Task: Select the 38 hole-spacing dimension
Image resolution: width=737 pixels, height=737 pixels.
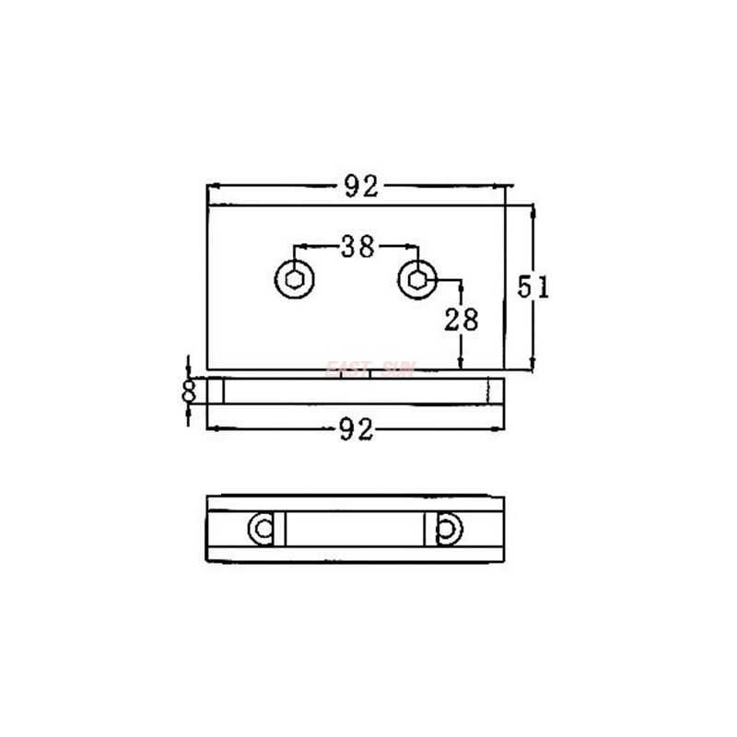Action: pos(357,247)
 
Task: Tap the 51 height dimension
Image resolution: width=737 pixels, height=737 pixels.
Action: pos(532,287)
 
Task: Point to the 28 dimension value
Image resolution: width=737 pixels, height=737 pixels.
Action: pos(461,320)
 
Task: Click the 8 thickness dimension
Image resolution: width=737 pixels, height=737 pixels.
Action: pos(190,390)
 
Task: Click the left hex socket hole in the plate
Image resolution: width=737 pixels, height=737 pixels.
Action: pos(294,279)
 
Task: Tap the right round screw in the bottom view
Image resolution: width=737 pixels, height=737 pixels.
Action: pos(449,528)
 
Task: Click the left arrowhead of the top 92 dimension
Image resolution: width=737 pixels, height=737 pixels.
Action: pos(214,187)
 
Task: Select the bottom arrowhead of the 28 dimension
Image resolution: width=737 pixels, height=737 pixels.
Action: pos(461,366)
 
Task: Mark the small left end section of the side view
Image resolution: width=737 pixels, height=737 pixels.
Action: pos(216,391)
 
